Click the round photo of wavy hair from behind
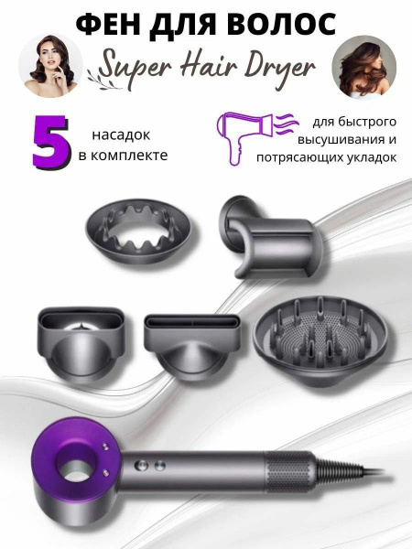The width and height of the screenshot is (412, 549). click(363, 66)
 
